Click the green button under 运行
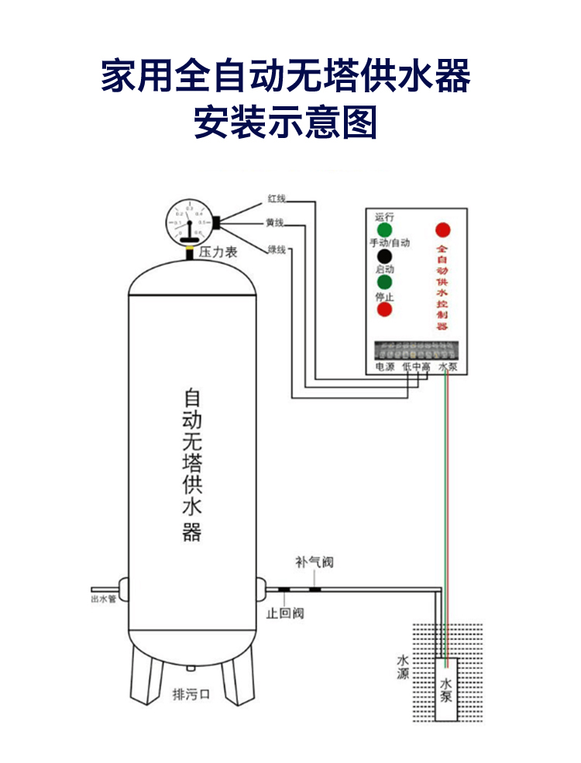384,230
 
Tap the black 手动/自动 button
384,257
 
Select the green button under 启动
384,283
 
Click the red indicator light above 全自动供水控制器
442,230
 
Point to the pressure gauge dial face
188,221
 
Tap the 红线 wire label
277,198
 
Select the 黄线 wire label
275,223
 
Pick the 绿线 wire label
277,249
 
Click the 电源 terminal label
385,366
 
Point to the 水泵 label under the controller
449,366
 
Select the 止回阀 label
285,613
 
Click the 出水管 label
103,599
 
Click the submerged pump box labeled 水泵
446,689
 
